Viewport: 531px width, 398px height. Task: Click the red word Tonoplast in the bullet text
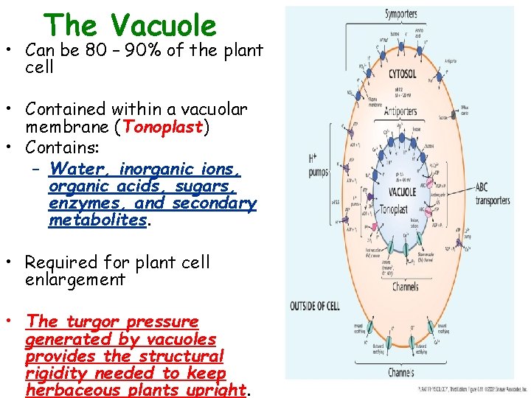coord(163,127)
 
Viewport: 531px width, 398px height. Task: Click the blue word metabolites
coord(97,220)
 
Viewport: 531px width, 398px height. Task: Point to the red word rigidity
coord(55,374)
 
